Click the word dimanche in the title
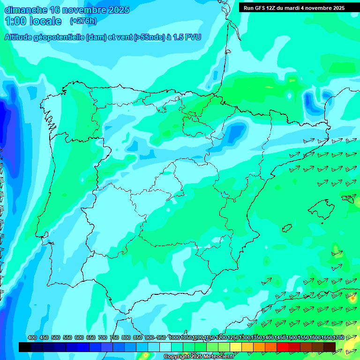click(x=25, y=10)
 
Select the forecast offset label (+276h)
click(x=83, y=21)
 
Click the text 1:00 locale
click(x=33, y=21)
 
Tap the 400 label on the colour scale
click(x=32, y=337)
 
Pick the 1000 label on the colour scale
click(x=174, y=337)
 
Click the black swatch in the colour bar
click(x=25, y=347)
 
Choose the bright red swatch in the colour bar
click(x=283, y=347)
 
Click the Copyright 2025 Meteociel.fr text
click(x=199, y=357)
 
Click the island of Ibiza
click(x=287, y=228)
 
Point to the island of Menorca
click(x=349, y=198)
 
